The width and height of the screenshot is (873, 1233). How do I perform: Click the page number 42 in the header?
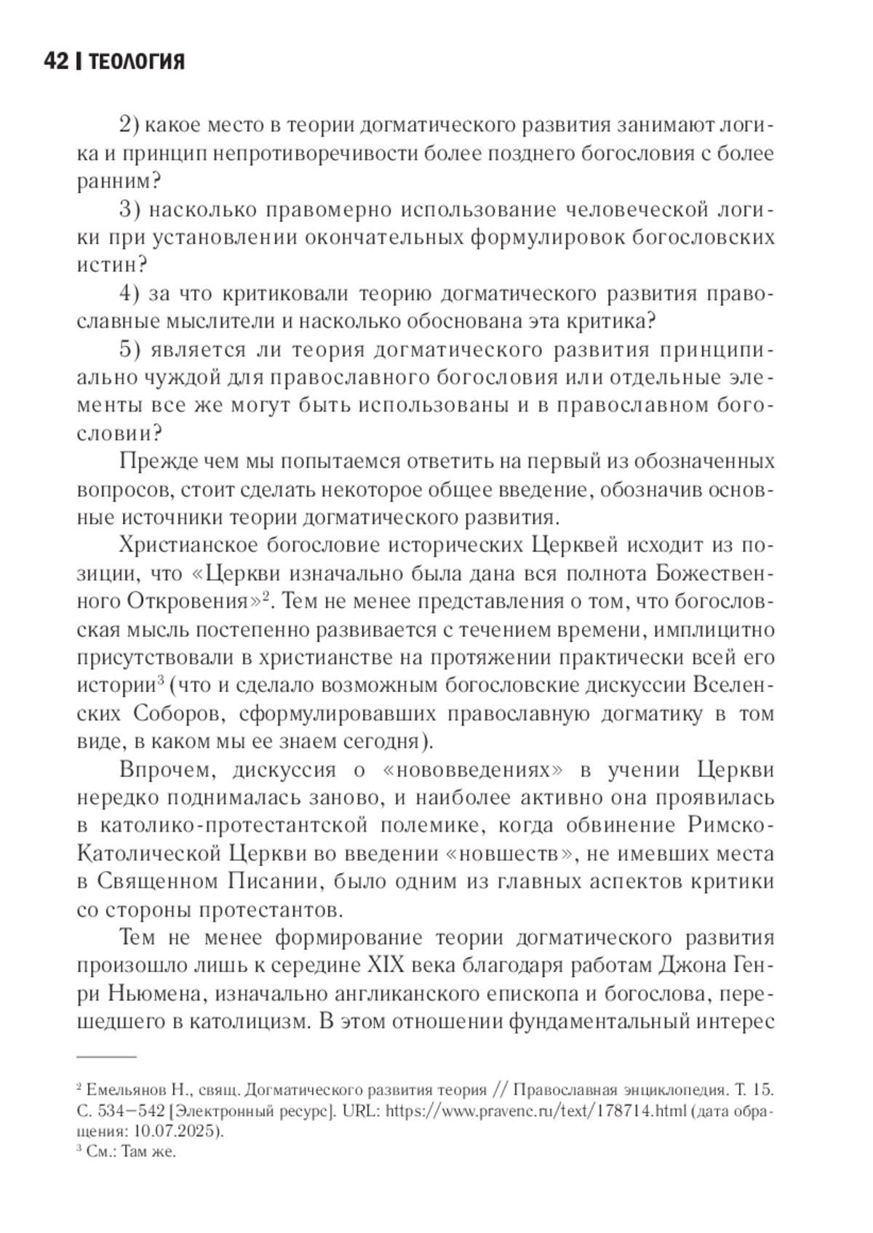click(56, 63)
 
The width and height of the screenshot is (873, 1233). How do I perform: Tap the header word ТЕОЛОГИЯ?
click(135, 63)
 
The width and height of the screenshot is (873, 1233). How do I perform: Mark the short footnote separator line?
click(106, 1054)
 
